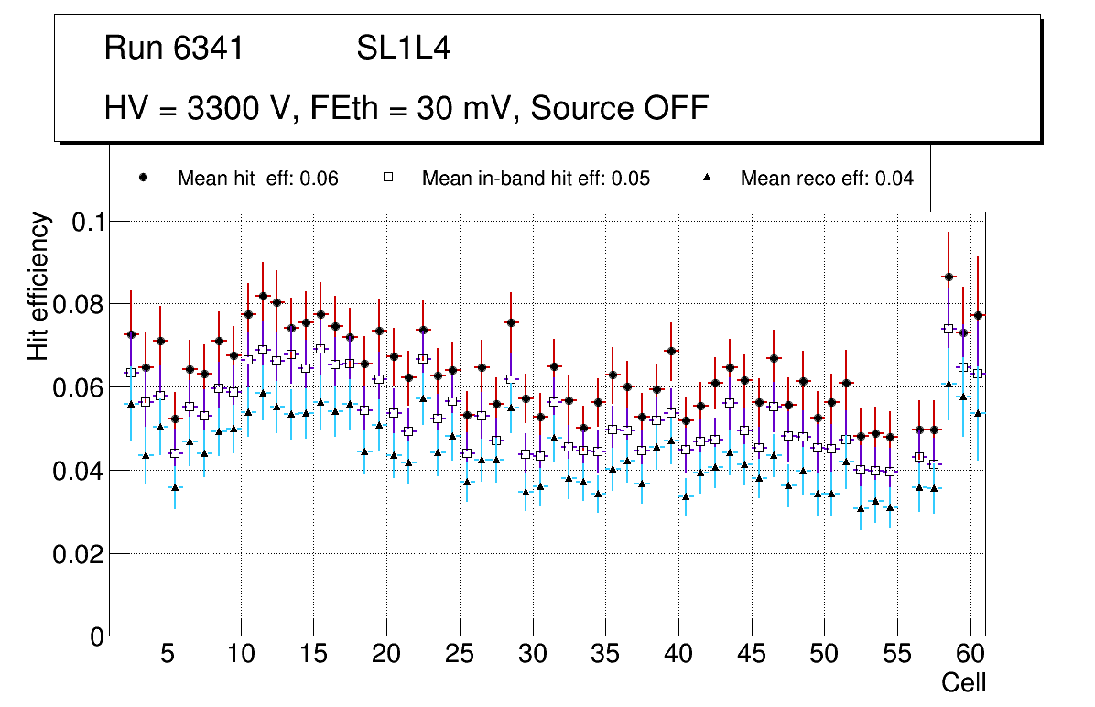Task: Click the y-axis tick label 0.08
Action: (x=79, y=304)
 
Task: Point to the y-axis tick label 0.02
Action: (x=79, y=554)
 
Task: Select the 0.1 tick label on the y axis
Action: (x=88, y=222)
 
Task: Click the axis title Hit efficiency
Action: (x=38, y=286)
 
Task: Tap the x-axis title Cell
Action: (x=964, y=682)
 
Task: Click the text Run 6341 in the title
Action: (x=174, y=49)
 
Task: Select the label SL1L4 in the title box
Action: (x=403, y=49)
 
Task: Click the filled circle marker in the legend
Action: (x=143, y=178)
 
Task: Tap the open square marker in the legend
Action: (x=387, y=178)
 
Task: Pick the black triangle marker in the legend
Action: (x=706, y=178)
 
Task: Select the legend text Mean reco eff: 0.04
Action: (x=826, y=179)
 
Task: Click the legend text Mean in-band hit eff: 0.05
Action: (x=536, y=179)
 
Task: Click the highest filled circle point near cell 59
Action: (x=949, y=277)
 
